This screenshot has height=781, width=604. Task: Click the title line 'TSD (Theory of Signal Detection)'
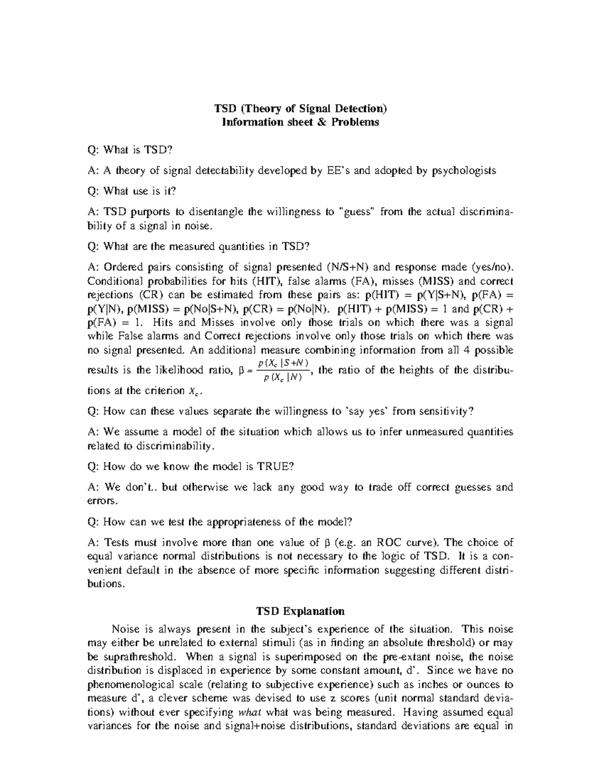click(301, 108)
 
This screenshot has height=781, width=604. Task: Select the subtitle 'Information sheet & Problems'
click(301, 122)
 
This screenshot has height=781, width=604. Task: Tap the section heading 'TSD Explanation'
click(300, 611)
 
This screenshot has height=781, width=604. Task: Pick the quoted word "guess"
click(359, 212)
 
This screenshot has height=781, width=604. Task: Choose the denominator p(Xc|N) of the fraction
click(282, 379)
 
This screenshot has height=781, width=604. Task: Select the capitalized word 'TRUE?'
click(275, 467)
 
